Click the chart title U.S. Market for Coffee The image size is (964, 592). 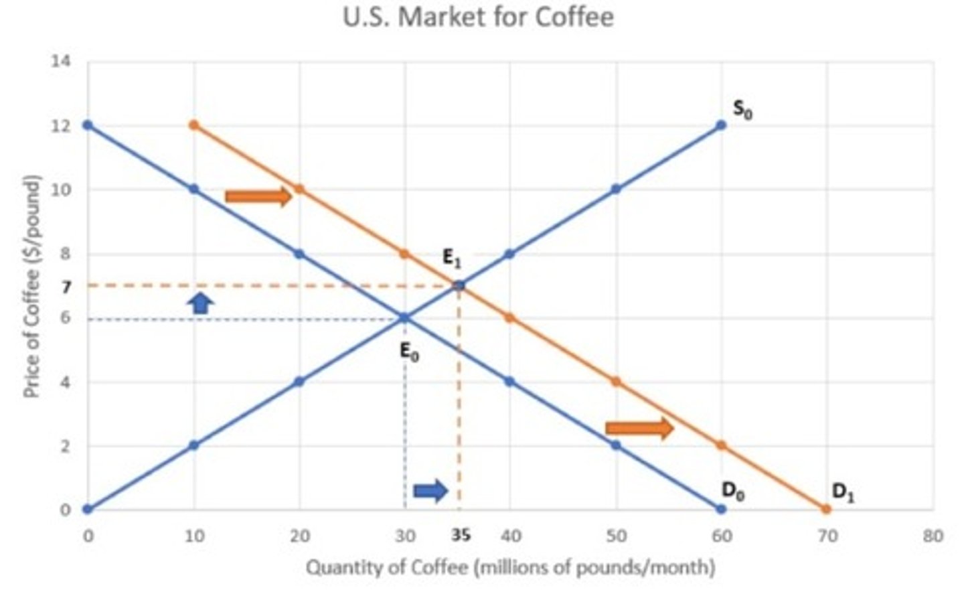tap(478, 17)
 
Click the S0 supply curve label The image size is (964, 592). tap(742, 109)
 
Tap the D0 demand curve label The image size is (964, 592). tap(732, 492)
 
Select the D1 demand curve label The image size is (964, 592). tap(842, 492)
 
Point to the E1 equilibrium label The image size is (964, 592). tap(452, 258)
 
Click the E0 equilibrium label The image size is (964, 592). tap(409, 351)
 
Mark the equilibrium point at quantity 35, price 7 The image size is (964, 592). tap(459, 286)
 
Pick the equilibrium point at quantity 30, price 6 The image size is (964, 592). tap(404, 318)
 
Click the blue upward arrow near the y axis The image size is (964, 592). tap(199, 303)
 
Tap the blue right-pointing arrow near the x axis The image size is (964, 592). tap(430, 491)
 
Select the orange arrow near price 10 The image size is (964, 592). tap(258, 196)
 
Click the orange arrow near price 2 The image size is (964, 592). tap(639, 428)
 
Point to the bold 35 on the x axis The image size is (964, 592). tap(461, 535)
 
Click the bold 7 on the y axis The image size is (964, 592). tap(66, 287)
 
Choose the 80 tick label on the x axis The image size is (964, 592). tap(932, 536)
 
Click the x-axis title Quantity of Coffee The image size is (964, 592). tap(510, 568)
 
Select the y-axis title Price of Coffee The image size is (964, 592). tap(32, 286)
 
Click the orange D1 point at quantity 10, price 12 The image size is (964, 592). tap(194, 125)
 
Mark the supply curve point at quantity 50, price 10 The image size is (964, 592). tap(616, 189)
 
